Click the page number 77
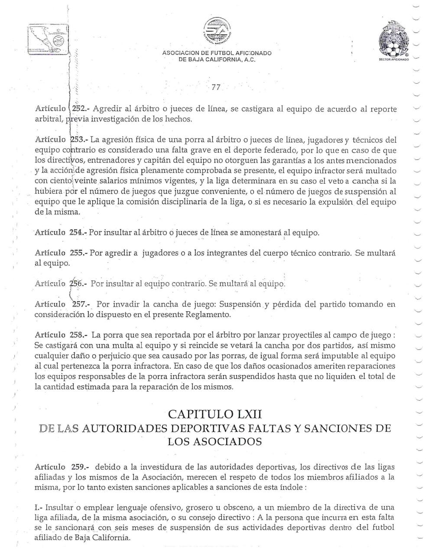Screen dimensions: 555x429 pos(216,87)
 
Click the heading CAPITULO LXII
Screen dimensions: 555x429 pos(214,414)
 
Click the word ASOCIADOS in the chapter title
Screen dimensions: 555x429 pos(214,441)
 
